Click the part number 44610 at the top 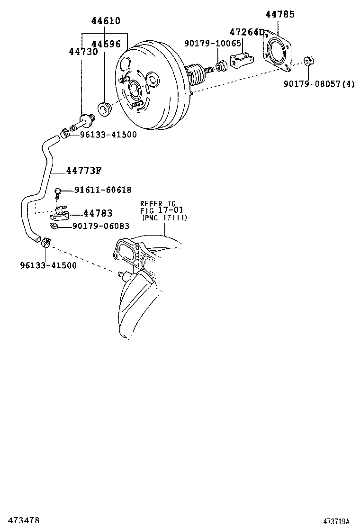point(106,21)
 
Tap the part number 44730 point(83,52)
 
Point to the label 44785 point(279,14)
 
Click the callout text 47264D point(246,32)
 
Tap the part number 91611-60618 point(103,190)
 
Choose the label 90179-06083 point(101,227)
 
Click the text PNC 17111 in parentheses point(165,218)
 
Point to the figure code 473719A point(336,521)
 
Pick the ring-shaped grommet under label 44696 point(103,109)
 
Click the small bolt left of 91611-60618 point(58,191)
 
